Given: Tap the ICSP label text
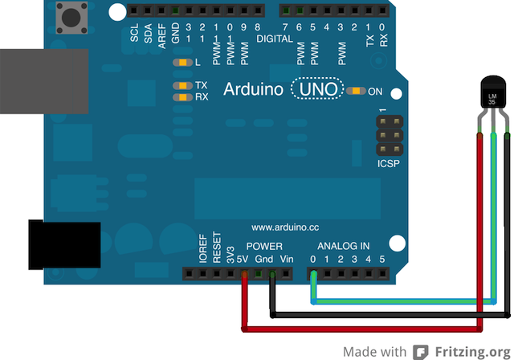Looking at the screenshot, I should point(387,164).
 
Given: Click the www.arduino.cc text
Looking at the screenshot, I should point(285,227).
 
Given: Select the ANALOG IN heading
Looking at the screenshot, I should point(343,246).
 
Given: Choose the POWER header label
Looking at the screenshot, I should point(263,246).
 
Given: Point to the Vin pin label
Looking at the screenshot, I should point(287,259).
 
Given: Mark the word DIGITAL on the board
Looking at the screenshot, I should point(275,39).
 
